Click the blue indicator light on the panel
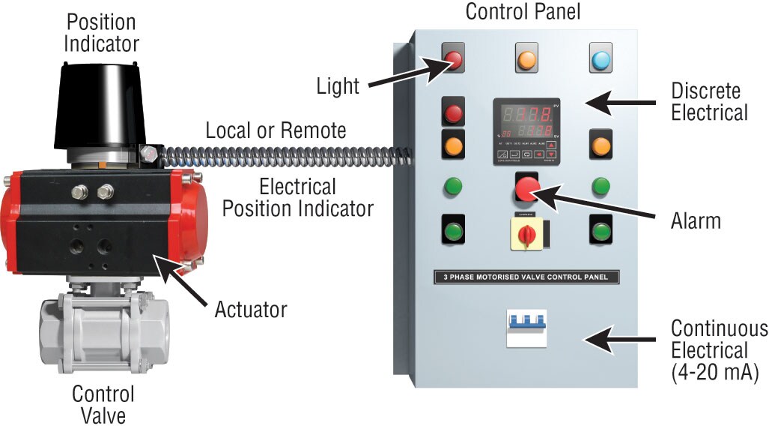point(601,59)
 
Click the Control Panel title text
point(523,12)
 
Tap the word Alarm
point(696,221)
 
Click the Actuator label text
point(251,308)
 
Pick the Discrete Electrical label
point(708,102)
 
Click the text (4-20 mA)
point(715,371)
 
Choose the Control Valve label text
point(103,404)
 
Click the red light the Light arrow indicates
point(454,59)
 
